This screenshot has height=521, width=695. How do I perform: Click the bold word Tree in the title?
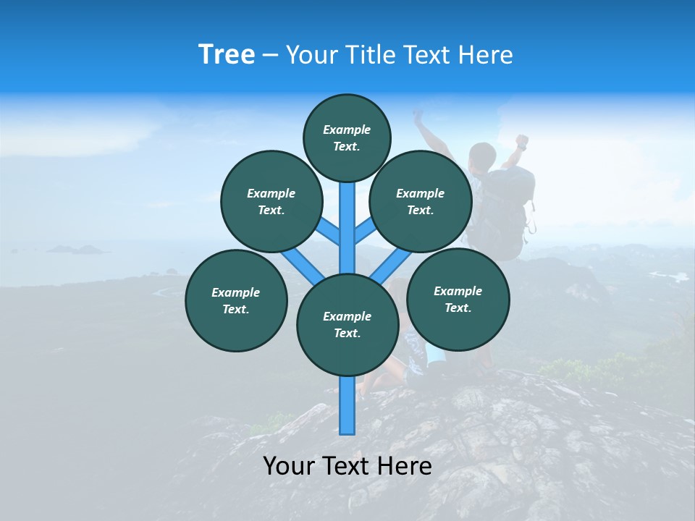tap(227, 54)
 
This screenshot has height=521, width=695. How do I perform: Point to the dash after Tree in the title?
tap(270, 56)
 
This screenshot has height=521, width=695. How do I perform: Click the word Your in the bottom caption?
tap(290, 466)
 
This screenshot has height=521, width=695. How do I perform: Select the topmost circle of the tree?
tap(347, 137)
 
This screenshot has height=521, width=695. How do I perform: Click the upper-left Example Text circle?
tap(271, 201)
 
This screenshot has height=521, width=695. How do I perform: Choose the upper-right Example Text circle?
tap(421, 201)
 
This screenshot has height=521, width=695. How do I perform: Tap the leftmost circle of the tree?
tap(236, 300)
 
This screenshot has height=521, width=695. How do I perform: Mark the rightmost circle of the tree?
tap(458, 299)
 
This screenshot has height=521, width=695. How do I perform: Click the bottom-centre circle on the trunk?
tap(347, 325)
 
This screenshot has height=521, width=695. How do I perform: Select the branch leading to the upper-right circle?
tap(364, 234)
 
